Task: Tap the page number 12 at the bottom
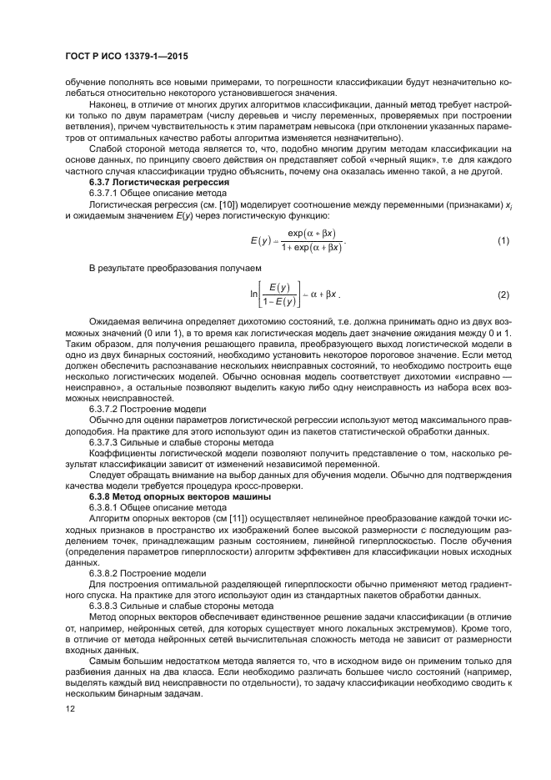(70, 707)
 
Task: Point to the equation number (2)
(503, 295)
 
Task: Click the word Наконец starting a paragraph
(107, 105)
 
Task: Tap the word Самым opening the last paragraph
(105, 658)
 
